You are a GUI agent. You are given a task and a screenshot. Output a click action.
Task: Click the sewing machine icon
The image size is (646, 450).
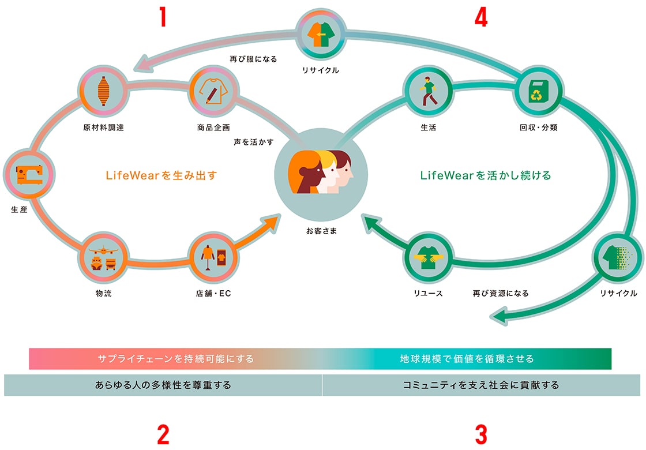click(x=29, y=174)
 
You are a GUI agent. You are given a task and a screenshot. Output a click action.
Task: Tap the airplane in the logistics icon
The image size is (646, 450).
click(x=103, y=250)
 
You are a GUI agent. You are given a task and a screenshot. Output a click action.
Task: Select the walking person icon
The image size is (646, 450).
click(x=429, y=91)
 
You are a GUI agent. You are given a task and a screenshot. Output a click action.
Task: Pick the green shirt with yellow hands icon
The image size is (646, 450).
click(x=429, y=257)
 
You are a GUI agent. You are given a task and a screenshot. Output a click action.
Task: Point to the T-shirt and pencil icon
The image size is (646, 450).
click(x=213, y=91)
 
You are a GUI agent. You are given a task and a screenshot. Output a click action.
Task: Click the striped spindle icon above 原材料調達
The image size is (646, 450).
click(x=103, y=91)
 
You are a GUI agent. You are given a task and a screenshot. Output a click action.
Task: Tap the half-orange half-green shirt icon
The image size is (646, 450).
click(x=321, y=34)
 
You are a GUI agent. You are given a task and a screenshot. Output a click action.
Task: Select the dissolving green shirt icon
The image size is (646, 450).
click(x=617, y=257)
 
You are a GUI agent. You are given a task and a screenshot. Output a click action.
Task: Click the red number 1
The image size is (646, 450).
click(x=163, y=17)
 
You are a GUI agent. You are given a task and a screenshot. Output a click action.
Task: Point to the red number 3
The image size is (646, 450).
click(x=481, y=435)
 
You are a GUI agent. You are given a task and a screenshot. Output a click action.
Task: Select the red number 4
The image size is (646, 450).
click(x=481, y=17)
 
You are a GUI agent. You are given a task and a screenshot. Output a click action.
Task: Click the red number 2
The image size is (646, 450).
click(x=163, y=435)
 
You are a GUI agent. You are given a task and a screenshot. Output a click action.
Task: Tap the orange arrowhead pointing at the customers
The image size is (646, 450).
click(x=271, y=224)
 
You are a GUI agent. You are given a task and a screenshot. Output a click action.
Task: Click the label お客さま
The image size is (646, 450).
click(x=321, y=231)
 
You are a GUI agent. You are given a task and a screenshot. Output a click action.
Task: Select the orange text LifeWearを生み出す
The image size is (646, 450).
click(x=161, y=175)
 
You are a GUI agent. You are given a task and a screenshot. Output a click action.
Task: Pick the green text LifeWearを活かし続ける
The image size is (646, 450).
click(x=485, y=175)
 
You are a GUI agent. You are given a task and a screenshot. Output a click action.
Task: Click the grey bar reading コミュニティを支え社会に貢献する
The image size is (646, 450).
click(x=481, y=385)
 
